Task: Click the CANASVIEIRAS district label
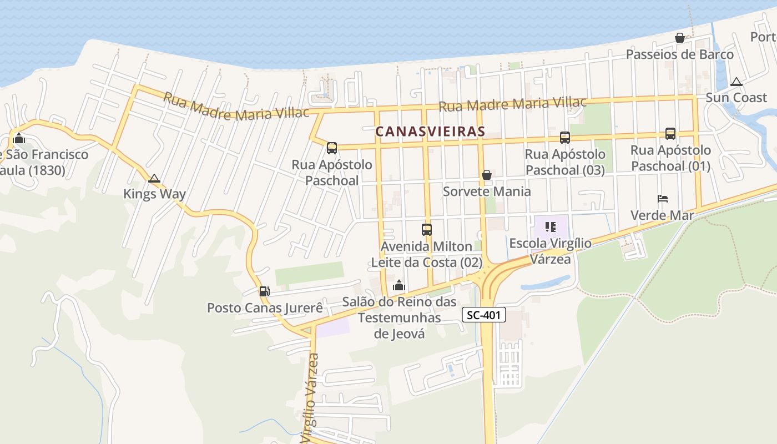click(x=430, y=132)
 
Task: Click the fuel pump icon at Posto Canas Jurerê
click(x=264, y=291)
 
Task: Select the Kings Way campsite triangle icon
click(x=154, y=178)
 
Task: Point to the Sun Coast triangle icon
click(x=736, y=82)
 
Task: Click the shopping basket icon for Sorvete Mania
click(x=487, y=175)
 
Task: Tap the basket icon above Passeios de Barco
click(x=679, y=38)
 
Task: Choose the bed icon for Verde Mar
click(x=662, y=198)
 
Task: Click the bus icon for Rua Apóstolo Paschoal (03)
click(x=564, y=137)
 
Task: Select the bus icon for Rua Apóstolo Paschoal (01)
click(x=670, y=134)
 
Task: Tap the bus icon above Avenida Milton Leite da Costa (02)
click(x=426, y=229)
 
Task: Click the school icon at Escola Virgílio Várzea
click(x=551, y=227)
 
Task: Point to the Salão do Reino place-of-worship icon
click(x=398, y=286)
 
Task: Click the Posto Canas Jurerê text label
click(x=265, y=307)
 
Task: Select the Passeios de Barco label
click(x=680, y=54)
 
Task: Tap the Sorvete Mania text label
click(x=487, y=191)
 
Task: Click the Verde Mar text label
click(x=662, y=215)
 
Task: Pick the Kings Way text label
click(x=154, y=194)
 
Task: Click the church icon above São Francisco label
click(x=19, y=138)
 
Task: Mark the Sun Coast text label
click(x=736, y=98)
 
